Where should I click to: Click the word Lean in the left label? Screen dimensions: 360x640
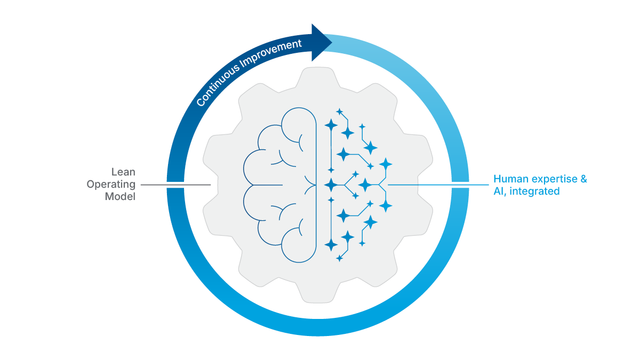tap(123, 172)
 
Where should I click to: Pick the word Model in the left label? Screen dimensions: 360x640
tap(120, 196)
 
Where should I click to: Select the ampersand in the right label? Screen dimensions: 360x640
tap(583, 179)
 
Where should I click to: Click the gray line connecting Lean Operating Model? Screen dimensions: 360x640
tap(176, 185)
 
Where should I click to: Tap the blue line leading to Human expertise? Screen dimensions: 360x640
tap(437, 185)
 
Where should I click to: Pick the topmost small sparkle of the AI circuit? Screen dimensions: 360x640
tap(339, 112)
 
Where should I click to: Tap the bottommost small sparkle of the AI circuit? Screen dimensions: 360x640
tap(339, 258)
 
